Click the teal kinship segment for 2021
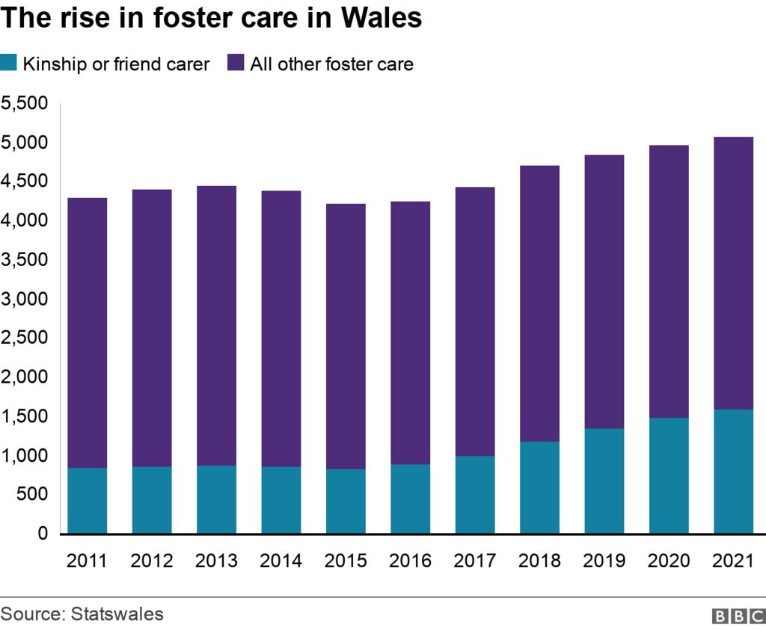(733, 471)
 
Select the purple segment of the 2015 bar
(346, 336)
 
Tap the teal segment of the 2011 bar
(88, 500)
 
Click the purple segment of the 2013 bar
(216, 325)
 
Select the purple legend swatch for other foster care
(236, 64)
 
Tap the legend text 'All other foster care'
(331, 64)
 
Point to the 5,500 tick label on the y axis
(25, 103)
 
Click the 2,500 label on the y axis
(25, 338)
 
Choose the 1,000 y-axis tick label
(25, 455)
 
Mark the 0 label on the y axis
(43, 534)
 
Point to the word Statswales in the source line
(117, 614)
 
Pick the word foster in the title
(193, 19)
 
